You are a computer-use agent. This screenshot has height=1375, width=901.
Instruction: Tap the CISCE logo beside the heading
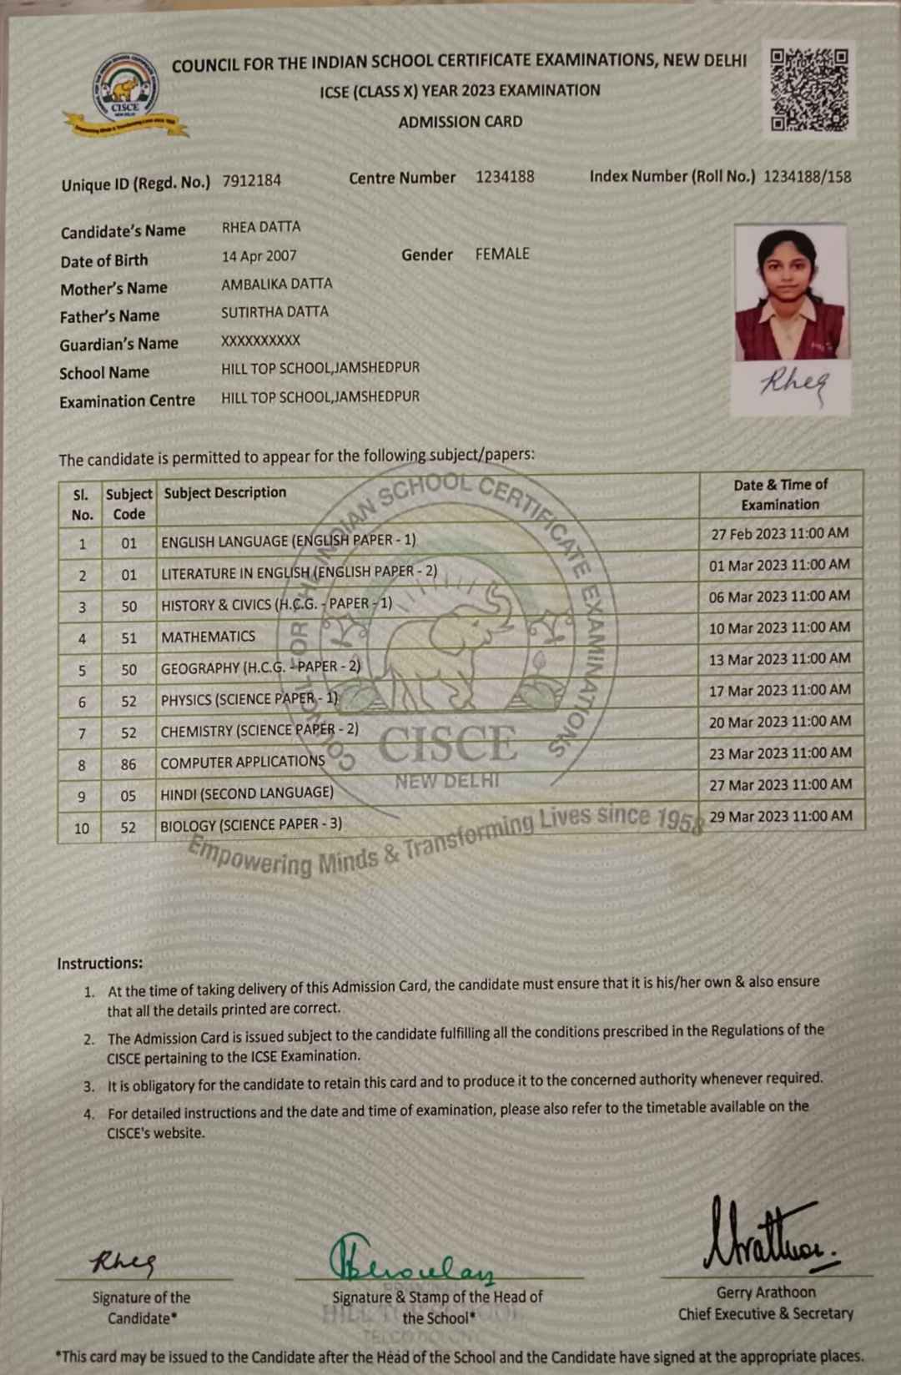point(125,94)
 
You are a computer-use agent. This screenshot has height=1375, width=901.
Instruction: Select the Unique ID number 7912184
point(251,180)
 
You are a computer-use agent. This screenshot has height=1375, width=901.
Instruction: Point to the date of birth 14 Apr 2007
point(259,256)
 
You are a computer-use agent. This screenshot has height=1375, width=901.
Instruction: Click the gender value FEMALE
point(502,254)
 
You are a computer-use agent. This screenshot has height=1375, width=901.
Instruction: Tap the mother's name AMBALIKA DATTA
point(276,284)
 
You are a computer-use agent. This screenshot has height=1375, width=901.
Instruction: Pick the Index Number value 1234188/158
point(807,176)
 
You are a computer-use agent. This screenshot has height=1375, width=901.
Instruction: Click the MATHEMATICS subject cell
point(209,637)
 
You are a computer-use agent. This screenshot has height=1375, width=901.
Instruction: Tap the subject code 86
point(128,763)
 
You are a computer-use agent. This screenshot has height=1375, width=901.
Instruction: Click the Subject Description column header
point(225,492)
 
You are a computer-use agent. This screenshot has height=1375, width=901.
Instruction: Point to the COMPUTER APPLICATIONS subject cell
point(243,762)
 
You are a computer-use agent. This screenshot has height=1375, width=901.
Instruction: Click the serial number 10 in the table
point(82,828)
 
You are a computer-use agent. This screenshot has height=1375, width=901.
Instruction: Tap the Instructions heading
point(100,963)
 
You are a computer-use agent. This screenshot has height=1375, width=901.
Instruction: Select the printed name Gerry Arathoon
point(766,1292)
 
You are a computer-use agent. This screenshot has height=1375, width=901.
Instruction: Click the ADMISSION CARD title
point(460,122)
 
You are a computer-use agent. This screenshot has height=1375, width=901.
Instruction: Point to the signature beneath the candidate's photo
point(793,382)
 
